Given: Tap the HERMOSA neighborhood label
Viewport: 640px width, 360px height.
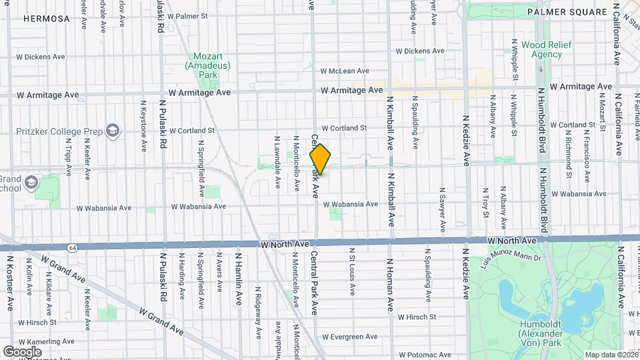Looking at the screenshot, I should (x=46, y=19).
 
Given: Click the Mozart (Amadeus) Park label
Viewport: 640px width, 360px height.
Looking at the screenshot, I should (x=208, y=65).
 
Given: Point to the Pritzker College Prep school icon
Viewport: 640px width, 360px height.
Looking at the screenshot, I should (x=113, y=129).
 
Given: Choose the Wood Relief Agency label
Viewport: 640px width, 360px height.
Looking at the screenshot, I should (x=541, y=49).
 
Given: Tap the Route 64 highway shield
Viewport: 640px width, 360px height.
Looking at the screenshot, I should (x=71, y=247).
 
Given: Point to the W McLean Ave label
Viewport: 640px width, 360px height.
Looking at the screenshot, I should (x=344, y=71).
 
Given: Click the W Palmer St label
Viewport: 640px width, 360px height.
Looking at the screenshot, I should (x=187, y=15).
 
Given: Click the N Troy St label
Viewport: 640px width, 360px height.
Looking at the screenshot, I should (x=486, y=203).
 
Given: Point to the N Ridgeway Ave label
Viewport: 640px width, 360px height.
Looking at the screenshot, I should (x=257, y=313).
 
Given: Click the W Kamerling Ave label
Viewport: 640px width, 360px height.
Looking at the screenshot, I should (x=40, y=341).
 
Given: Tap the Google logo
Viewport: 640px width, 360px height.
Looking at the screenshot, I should (x=22, y=351).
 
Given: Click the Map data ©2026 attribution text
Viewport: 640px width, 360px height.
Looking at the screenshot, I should (x=610, y=355).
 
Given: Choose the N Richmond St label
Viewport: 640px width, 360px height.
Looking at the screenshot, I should (x=568, y=151).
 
